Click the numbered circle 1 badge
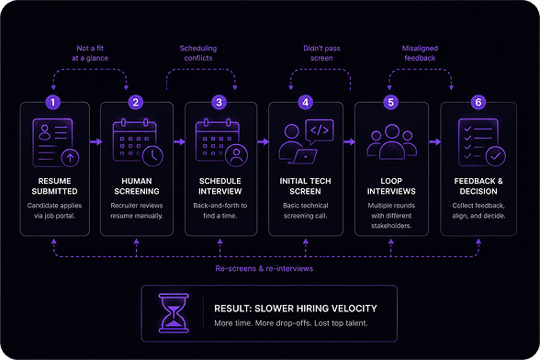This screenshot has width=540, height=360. click(52, 102)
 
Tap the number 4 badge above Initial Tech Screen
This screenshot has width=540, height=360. click(305, 102)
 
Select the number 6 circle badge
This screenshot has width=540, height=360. click(478, 102)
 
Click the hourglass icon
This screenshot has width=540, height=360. click(174, 313)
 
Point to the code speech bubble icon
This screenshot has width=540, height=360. click(320, 131)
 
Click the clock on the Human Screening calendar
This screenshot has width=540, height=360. click(152, 156)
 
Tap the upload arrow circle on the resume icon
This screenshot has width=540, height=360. click(70, 158)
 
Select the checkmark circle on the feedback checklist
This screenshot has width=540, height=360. click(496, 156)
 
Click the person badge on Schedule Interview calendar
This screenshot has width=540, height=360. click(236, 155)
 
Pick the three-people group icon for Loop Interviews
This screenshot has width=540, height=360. click(392, 142)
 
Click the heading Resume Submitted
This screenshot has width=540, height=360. click(54, 186)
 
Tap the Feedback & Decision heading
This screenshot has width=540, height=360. click(478, 186)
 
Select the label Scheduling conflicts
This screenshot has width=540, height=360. click(198, 53)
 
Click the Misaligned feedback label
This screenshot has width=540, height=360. click(420, 53)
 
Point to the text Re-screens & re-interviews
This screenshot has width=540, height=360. click(264, 268)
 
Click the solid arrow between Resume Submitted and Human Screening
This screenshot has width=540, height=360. click(96, 141)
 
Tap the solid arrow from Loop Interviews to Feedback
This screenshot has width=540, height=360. click(435, 141)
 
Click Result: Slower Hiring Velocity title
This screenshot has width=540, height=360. click(296, 309)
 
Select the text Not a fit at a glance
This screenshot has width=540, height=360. click(90, 53)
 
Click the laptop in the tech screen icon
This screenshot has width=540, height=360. click(305, 156)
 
